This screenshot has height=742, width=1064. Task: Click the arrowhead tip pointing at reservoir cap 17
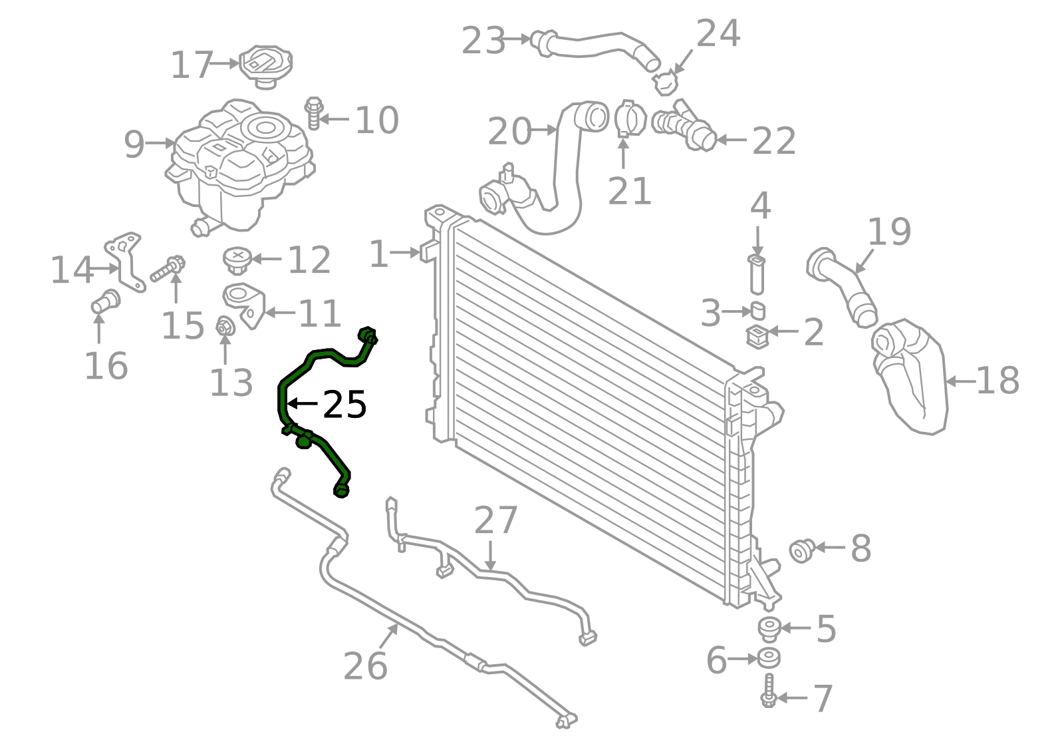click(239, 63)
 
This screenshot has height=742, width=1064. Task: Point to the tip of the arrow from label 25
click(287, 403)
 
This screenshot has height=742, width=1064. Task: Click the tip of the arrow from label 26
click(398, 624)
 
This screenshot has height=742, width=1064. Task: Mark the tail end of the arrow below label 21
click(623, 169)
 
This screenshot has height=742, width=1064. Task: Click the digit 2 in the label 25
click(334, 405)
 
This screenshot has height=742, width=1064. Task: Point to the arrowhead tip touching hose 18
click(945, 381)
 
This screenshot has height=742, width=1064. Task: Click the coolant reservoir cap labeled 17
click(265, 66)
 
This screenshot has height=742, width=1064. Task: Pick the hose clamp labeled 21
click(630, 119)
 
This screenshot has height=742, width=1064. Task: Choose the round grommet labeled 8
click(802, 551)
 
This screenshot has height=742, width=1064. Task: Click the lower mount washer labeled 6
click(769, 658)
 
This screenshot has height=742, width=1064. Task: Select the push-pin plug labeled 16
click(106, 301)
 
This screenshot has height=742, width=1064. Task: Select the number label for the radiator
click(378, 254)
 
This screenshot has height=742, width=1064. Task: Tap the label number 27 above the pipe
click(495, 520)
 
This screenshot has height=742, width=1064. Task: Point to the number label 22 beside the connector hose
click(774, 141)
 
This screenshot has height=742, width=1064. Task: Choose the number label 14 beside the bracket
click(71, 270)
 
